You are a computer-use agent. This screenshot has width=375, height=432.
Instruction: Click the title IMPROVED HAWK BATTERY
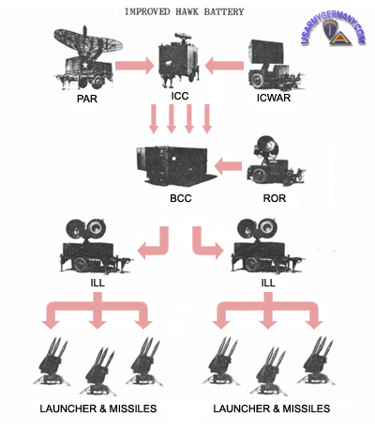(x=184, y=12)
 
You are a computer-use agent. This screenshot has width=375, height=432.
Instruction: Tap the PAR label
(x=87, y=99)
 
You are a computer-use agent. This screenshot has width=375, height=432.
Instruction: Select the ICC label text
(x=180, y=96)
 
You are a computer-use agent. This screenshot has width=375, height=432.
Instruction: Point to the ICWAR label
(x=274, y=98)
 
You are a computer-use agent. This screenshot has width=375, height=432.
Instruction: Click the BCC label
(x=181, y=198)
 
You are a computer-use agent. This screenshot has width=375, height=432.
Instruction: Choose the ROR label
(x=275, y=198)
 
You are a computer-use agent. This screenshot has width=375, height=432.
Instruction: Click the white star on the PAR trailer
(x=84, y=65)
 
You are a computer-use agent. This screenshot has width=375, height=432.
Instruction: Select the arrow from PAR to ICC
(x=135, y=66)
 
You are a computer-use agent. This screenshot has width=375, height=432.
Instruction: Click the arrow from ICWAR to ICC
(x=224, y=66)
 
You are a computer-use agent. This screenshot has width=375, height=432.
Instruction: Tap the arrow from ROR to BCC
(x=228, y=166)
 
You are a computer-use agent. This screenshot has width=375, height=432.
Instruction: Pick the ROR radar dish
(x=266, y=146)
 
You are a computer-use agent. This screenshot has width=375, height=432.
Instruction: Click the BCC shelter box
(x=176, y=165)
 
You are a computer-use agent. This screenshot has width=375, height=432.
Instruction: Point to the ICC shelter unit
(x=179, y=62)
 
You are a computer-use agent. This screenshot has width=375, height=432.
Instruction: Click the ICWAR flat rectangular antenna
(x=266, y=51)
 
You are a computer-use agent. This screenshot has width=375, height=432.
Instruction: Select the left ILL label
(x=97, y=283)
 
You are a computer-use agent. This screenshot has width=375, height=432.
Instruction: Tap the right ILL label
(x=268, y=283)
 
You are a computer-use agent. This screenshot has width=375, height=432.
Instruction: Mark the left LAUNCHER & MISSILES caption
(x=98, y=409)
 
